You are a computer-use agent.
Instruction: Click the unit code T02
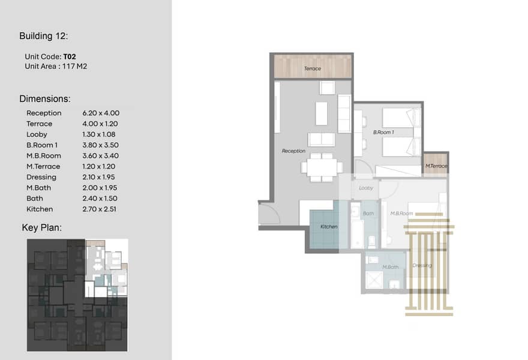click(70, 56)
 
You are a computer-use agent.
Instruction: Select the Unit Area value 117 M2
click(74, 67)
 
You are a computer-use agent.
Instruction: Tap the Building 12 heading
click(43, 36)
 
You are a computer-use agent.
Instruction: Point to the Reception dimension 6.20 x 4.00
click(101, 113)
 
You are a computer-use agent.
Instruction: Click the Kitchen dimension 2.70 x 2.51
click(100, 209)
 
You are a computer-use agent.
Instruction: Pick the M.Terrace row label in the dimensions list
click(43, 166)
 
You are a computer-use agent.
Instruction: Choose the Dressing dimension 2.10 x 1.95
click(98, 177)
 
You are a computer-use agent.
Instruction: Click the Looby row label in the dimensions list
click(37, 135)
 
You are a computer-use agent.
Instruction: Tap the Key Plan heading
click(42, 227)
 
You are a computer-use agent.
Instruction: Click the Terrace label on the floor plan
click(313, 68)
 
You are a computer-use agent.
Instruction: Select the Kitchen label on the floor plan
click(329, 227)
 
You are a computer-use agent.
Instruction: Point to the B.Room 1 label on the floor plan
click(383, 133)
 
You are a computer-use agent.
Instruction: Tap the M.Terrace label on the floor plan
click(436, 166)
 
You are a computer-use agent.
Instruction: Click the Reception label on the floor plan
click(293, 151)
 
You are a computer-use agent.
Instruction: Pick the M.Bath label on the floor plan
click(390, 267)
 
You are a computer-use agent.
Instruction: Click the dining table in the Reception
click(322, 167)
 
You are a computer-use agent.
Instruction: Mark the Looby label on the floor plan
click(366, 188)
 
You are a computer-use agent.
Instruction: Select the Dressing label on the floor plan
click(422, 265)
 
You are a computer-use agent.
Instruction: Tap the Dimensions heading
click(45, 99)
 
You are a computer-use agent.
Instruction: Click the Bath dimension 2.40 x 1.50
click(100, 199)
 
